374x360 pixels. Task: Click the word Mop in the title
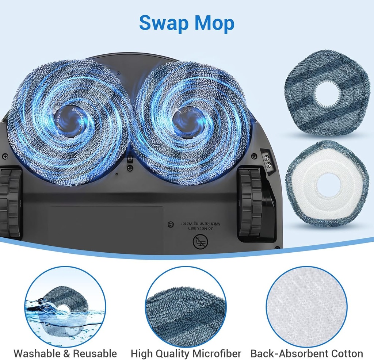pyautogui.click(x=214, y=23)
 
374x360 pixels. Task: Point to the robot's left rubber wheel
pyautogui.click(x=10, y=203)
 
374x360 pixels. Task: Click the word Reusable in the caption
pyautogui.click(x=95, y=353)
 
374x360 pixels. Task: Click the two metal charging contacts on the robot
pyautogui.click(x=268, y=161)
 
